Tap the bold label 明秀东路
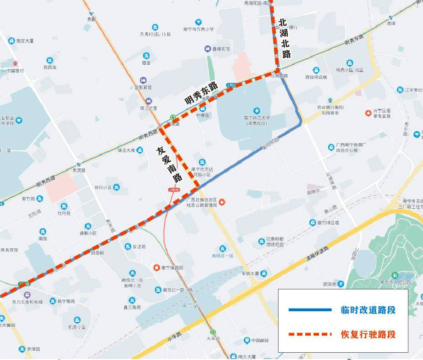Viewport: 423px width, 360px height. pyautogui.click(x=201, y=93)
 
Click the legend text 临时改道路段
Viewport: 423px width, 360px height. pyautogui.click(x=368, y=310)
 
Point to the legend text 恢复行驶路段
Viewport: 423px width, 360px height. pyautogui.click(x=368, y=334)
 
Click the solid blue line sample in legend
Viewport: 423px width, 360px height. pyautogui.click(x=310, y=310)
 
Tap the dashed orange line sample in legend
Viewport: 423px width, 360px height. pyautogui.click(x=310, y=334)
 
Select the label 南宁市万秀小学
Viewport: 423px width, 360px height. pyautogui.click(x=198, y=29)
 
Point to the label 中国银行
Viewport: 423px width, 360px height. pyautogui.click(x=15, y=71)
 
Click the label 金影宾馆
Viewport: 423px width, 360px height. pyautogui.click(x=143, y=87)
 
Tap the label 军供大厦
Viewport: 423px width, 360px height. pyautogui.click(x=250, y=273)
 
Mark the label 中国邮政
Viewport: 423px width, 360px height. pyautogui.click(x=259, y=340)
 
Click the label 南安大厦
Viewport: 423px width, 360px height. pyautogui.click(x=25, y=41)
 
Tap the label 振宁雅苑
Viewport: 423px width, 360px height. pyautogui.click(x=66, y=301)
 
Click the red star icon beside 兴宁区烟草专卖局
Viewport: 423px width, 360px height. pyautogui.click(x=368, y=113)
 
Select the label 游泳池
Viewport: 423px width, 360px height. pyautogui.click(x=330, y=284)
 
